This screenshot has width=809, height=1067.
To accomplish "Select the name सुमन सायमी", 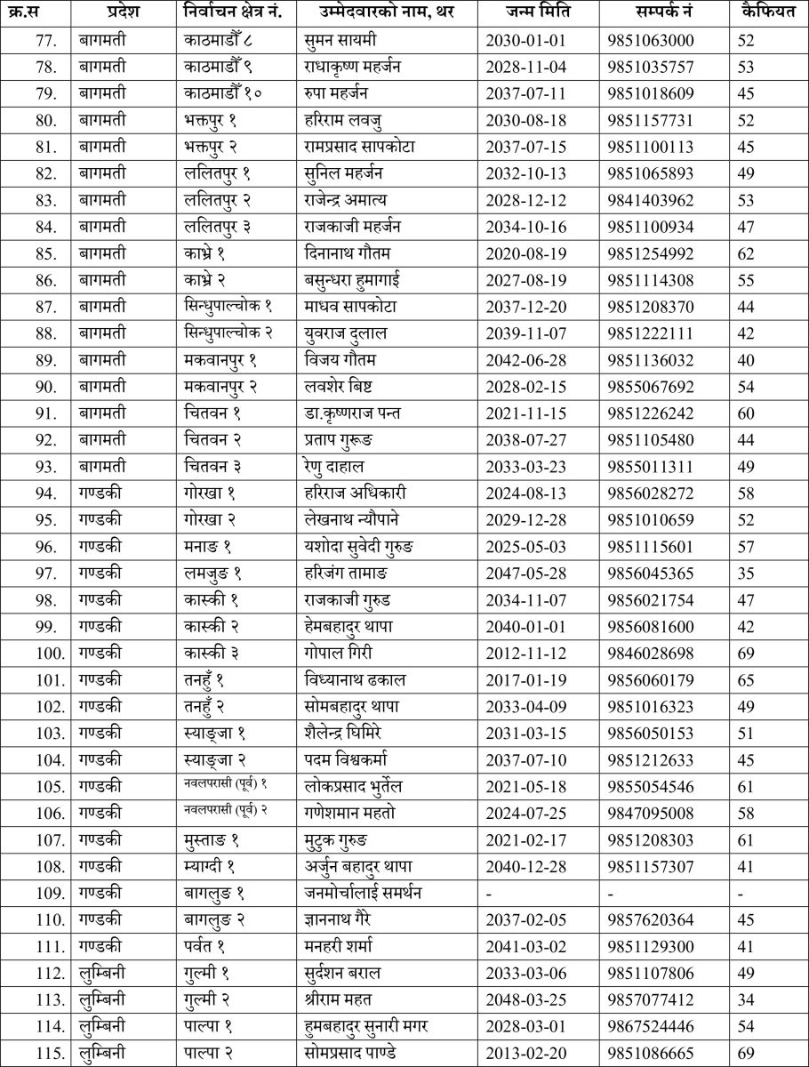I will tap(340, 40).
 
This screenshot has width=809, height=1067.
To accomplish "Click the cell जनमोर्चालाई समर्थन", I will tap(362, 893).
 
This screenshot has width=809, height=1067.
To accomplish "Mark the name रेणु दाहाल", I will tap(334, 466).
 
